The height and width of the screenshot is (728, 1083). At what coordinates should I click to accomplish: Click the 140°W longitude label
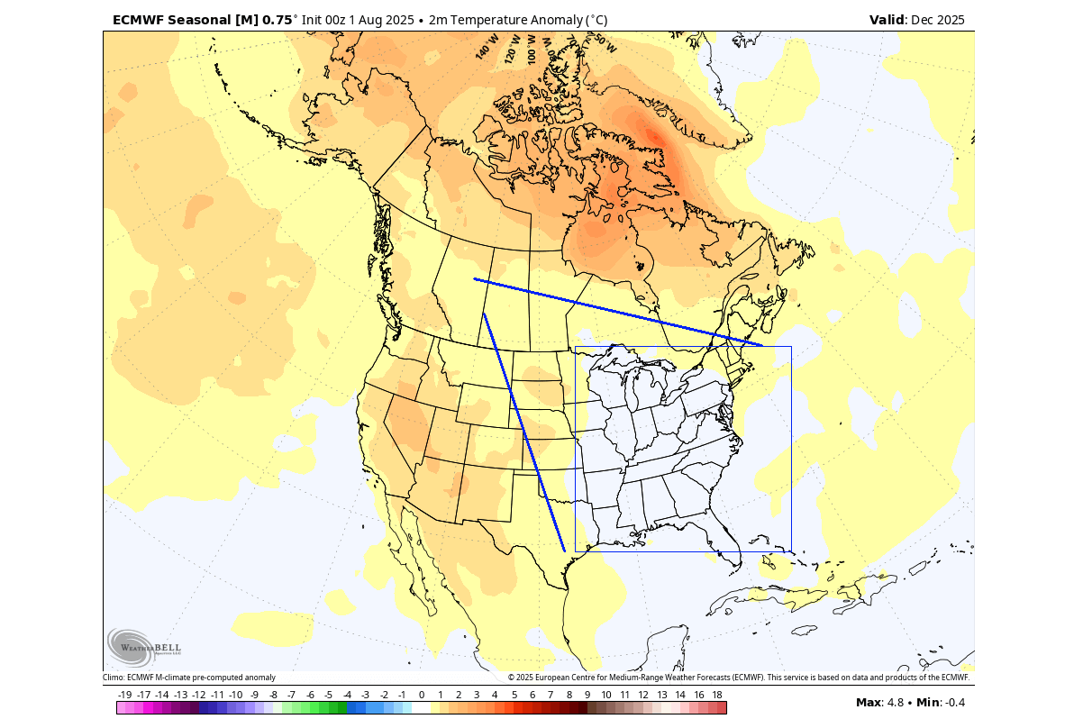click(x=487, y=46)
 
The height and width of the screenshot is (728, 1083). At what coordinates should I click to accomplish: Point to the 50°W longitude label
click(x=605, y=43)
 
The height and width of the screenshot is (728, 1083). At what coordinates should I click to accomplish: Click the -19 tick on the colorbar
click(x=125, y=695)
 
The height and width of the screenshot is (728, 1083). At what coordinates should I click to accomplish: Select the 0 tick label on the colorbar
click(x=421, y=695)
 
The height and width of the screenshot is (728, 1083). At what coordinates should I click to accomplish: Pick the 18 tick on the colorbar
click(x=716, y=695)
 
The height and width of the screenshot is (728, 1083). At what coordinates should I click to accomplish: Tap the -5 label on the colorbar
click(x=328, y=695)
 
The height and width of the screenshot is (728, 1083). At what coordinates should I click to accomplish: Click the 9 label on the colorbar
click(x=587, y=695)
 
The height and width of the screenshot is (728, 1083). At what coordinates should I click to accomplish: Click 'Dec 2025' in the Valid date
click(x=938, y=20)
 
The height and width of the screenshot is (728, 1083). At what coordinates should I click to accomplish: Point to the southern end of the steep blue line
click(x=564, y=551)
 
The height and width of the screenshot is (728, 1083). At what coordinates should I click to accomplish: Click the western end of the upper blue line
click(x=475, y=279)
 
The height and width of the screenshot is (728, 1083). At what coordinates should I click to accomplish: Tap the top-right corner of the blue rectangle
click(x=791, y=347)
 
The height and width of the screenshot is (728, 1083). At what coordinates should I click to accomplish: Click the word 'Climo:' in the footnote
click(x=114, y=678)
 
